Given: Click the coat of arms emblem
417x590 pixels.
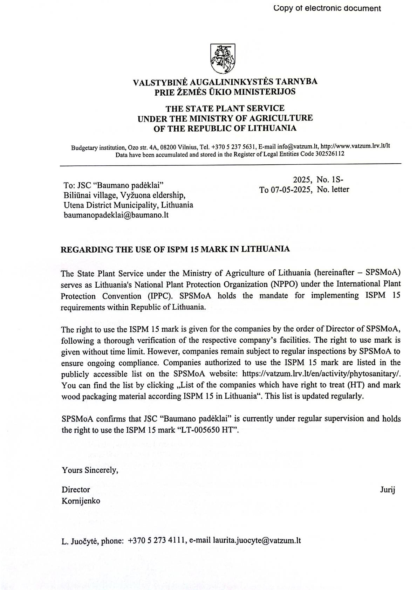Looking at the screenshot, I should pos(222,59).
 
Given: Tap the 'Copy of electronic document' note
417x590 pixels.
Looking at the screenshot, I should pos(327,8).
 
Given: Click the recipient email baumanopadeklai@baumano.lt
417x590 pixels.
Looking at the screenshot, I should pos(116,215).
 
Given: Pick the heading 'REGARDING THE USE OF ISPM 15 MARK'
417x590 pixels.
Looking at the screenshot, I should pos(175,249).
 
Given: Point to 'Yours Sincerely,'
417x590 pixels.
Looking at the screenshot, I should pos(90,470).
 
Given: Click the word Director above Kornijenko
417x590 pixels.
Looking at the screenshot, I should pos(76,490).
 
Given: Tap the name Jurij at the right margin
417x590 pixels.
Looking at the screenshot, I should pos(388,490).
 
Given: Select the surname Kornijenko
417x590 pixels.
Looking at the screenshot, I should pos(81,501).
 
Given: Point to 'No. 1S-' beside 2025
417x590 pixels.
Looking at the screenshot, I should pos(330,180).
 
